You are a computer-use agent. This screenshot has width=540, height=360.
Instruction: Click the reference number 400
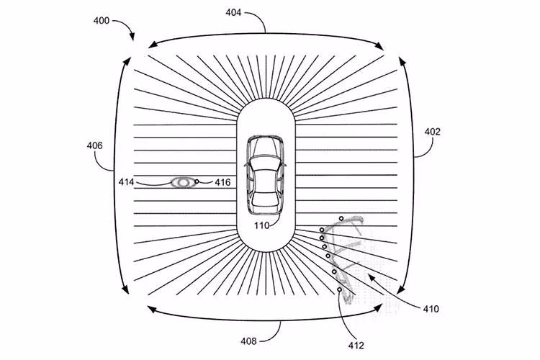[102, 21]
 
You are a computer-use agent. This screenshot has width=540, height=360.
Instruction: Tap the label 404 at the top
[233, 12]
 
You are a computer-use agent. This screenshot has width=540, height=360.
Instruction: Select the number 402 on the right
[432, 132]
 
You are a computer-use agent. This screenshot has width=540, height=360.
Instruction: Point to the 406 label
[94, 145]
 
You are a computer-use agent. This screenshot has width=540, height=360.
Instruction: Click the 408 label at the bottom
[248, 341]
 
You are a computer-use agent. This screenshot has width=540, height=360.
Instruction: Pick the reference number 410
[431, 309]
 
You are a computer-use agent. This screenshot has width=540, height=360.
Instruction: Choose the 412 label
[356, 345]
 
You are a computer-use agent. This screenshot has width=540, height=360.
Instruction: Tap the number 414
[127, 182]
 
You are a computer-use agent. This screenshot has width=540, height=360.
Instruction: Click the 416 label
[222, 182]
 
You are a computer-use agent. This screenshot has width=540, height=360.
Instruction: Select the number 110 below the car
[261, 225]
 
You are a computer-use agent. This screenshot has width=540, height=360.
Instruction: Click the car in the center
[265, 176]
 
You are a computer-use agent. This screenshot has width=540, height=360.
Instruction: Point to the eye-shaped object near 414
[183, 182]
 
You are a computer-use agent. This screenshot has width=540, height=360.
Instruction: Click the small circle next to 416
[197, 181]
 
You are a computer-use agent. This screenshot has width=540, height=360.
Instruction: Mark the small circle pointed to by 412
[340, 289]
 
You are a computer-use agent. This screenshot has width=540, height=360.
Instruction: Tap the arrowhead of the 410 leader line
[370, 276]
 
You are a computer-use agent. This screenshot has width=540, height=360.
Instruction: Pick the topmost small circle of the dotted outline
[341, 218]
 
